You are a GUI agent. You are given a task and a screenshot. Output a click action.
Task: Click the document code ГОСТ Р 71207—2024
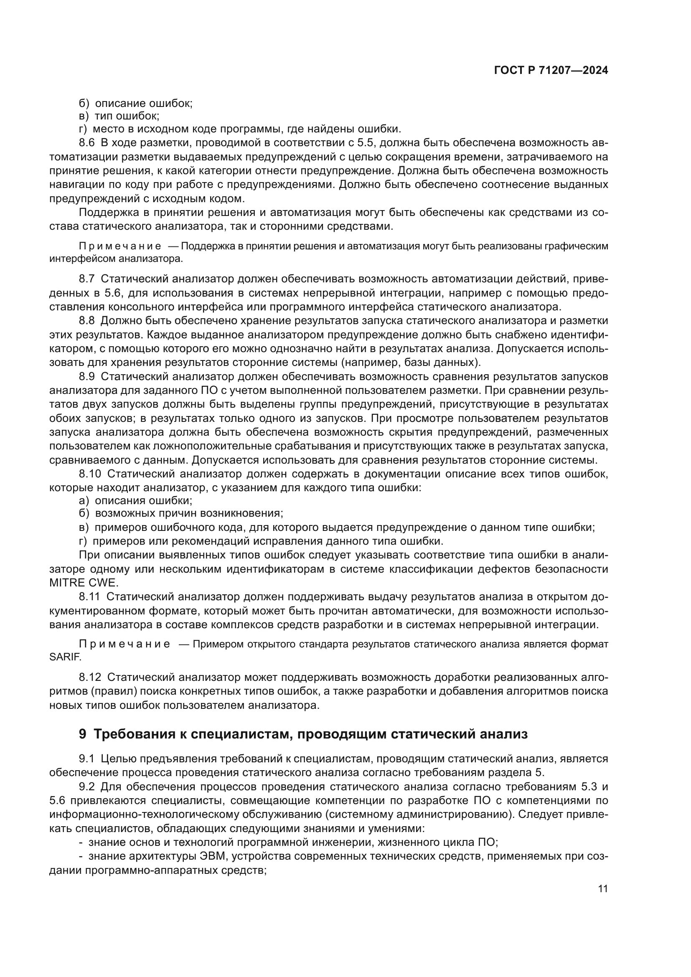[551, 71]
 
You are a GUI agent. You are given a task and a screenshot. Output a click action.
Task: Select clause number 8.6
[87, 143]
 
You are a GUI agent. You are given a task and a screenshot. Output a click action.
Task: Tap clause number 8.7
[87, 279]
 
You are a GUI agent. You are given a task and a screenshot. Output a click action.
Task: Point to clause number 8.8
[87, 320]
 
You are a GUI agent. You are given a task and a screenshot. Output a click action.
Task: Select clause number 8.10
[90, 474]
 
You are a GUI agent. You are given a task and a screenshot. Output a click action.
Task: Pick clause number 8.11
[90, 597]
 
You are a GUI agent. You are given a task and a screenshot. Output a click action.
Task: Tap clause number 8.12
[90, 677]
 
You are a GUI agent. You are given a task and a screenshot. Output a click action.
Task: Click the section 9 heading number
[83, 734]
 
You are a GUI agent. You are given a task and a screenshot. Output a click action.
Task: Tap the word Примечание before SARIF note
[124, 644]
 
